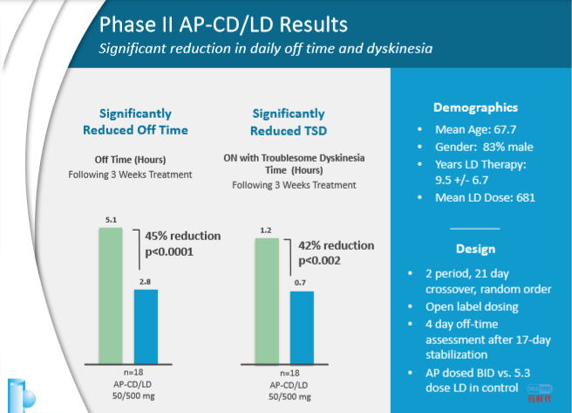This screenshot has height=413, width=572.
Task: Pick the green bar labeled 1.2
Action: point(266,300)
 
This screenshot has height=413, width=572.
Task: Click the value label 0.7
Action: point(302,283)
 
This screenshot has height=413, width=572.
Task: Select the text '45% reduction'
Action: point(183,236)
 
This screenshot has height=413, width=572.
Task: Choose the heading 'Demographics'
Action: point(475,107)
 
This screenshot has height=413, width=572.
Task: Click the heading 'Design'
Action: point(475,247)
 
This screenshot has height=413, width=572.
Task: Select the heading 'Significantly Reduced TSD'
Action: point(288,122)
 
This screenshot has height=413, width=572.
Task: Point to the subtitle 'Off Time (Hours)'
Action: point(131,159)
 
